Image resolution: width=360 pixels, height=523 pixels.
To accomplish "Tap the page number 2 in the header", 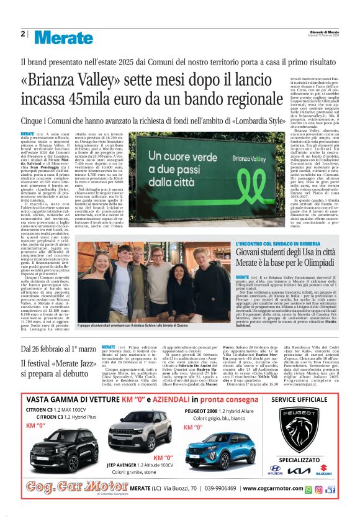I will coord(22,34).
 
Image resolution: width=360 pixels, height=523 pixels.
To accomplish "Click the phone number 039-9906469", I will coord(226,488).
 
